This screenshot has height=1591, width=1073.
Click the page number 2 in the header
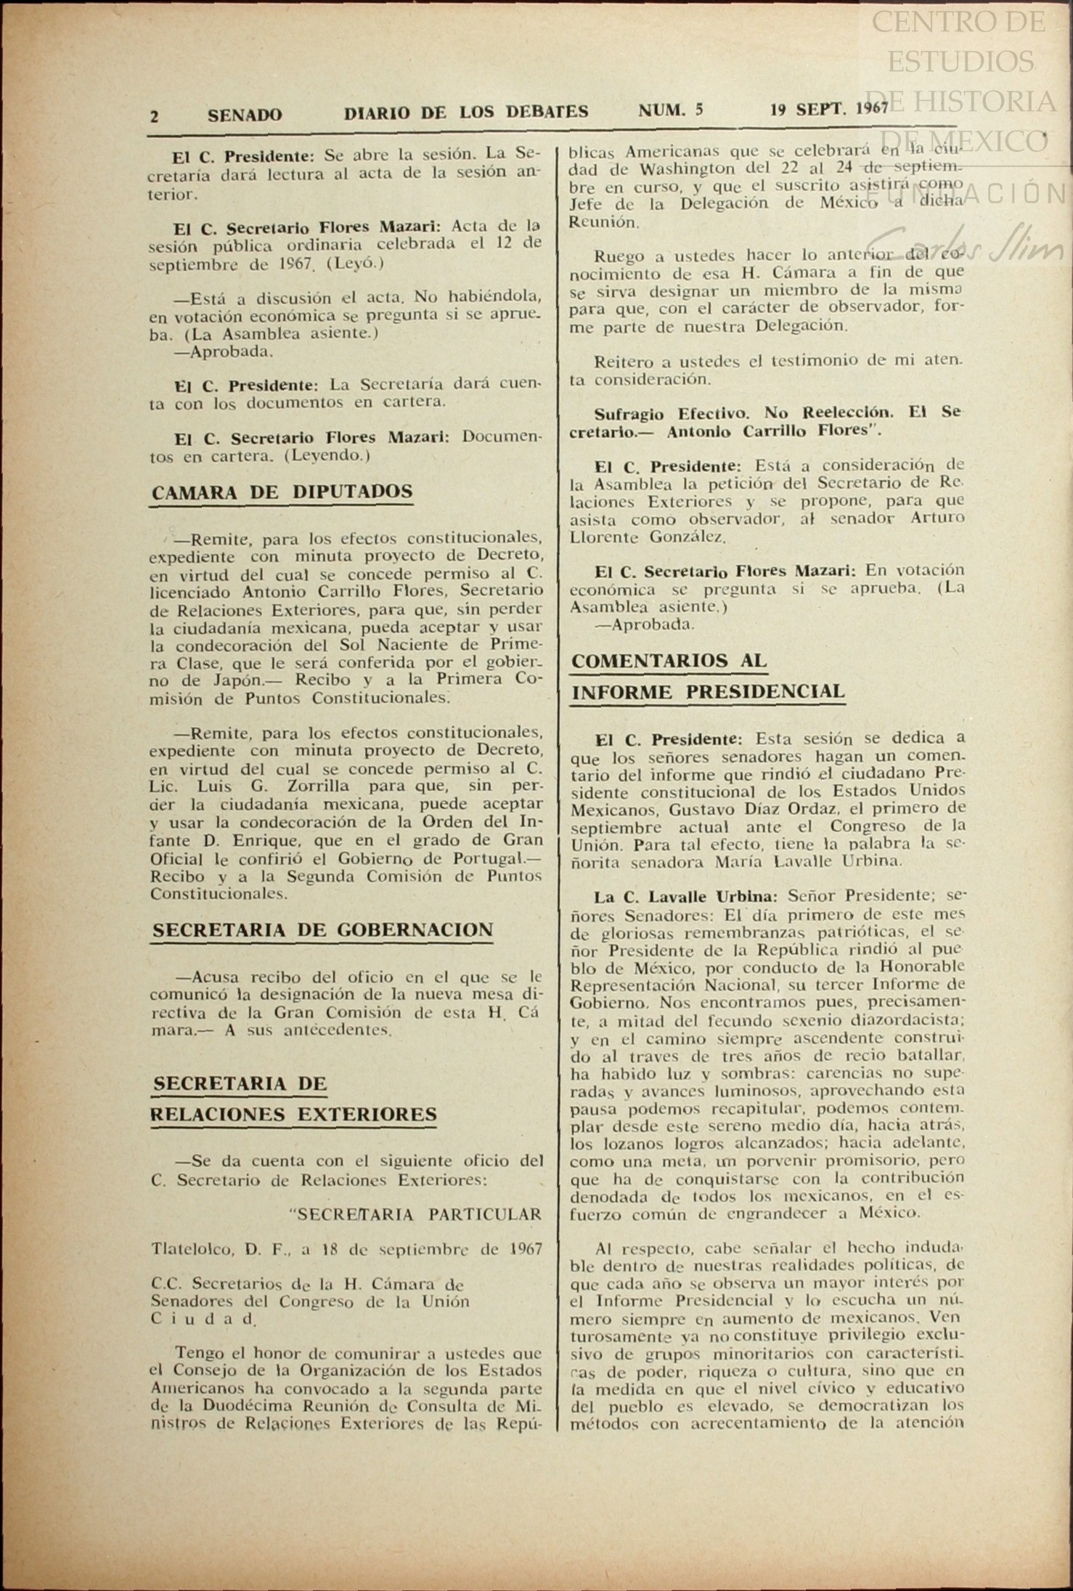(x=154, y=116)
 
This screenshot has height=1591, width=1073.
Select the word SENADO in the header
(x=245, y=115)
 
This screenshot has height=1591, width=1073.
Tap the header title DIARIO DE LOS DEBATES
(x=465, y=113)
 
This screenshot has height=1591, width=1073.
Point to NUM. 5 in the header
(x=671, y=110)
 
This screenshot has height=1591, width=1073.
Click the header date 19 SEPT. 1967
(x=829, y=109)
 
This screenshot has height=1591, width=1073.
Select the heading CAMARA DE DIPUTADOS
(x=282, y=492)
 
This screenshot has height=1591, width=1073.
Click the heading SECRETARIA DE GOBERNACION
(x=322, y=930)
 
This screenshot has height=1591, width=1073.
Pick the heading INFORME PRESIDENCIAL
(x=708, y=691)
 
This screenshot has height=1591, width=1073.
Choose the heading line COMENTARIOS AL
(x=669, y=660)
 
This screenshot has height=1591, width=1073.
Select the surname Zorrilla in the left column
(x=314, y=786)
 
